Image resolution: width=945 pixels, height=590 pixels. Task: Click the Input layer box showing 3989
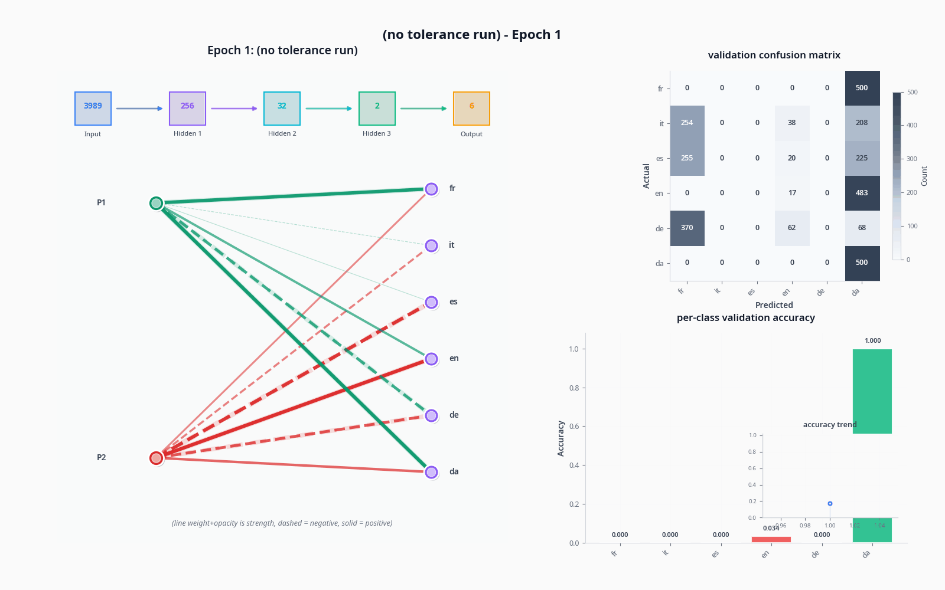pyautogui.click(x=93, y=109)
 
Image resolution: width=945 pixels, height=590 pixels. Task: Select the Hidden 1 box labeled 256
pyautogui.click(x=187, y=109)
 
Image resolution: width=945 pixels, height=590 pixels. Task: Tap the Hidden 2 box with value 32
pyautogui.click(x=282, y=109)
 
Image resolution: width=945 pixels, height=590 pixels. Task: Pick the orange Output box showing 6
pyautogui.click(x=471, y=109)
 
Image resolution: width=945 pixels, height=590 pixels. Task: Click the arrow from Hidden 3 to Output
pyautogui.click(x=423, y=109)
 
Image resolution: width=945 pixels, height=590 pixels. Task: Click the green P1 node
pyautogui.click(x=156, y=203)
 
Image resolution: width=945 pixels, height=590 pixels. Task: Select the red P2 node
pyautogui.click(x=156, y=458)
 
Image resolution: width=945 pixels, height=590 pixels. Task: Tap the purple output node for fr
pyautogui.click(x=431, y=189)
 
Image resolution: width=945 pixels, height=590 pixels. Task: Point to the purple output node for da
pyautogui.click(x=431, y=472)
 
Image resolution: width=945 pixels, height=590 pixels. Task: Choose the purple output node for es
pyautogui.click(x=431, y=302)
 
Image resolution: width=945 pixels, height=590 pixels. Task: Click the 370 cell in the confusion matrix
pyautogui.click(x=687, y=228)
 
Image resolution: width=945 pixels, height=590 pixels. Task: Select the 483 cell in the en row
pyautogui.click(x=862, y=193)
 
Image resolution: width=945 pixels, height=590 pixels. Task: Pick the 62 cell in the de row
pyautogui.click(x=791, y=228)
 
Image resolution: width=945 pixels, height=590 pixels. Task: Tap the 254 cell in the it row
pyautogui.click(x=687, y=123)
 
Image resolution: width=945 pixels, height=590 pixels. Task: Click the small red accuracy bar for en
pyautogui.click(x=771, y=539)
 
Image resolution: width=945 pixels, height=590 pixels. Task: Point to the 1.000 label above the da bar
pyautogui.click(x=872, y=340)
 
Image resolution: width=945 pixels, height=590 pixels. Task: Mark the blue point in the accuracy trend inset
pyautogui.click(x=830, y=503)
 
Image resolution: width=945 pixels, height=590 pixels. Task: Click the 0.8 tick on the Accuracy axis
pyautogui.click(x=573, y=388)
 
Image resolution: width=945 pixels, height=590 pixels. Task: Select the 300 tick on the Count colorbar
pyautogui.click(x=912, y=159)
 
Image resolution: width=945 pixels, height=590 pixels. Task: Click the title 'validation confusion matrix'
pyautogui.click(x=774, y=55)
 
